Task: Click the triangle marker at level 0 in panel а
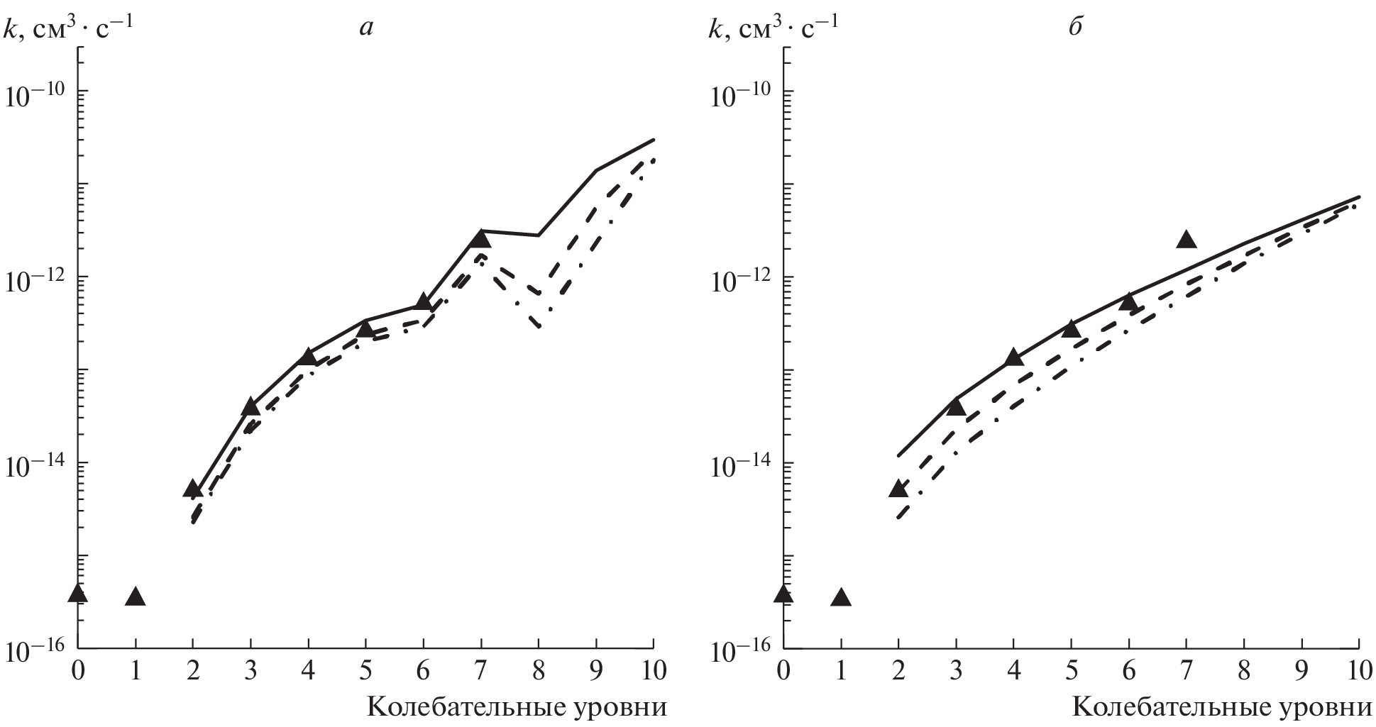tap(78, 594)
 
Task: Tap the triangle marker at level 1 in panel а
tap(135, 597)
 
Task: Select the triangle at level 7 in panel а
tap(480, 238)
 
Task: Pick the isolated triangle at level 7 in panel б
tap(1186, 240)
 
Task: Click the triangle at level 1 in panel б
tap(841, 597)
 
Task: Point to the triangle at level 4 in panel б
tap(1013, 357)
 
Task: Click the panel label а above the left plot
tap(366, 27)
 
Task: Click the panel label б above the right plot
tap(1075, 27)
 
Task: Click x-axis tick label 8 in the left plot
tap(539, 670)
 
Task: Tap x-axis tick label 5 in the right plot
tap(1071, 670)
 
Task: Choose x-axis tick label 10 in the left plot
tap(652, 670)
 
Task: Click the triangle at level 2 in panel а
tap(193, 488)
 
